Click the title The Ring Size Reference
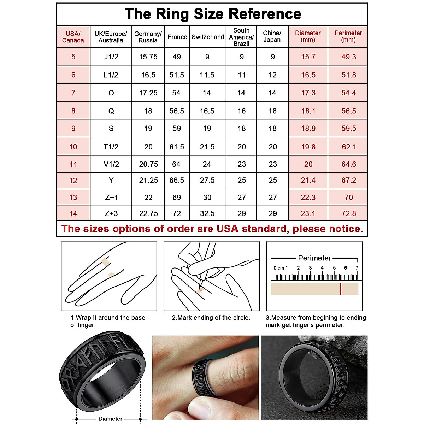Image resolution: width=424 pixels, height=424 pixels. (213, 14)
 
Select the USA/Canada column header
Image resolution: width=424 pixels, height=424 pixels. (73, 37)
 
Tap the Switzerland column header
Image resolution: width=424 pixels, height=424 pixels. (208, 37)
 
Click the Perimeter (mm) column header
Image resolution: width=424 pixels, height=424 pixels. (348, 36)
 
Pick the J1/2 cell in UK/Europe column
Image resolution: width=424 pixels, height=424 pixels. (111, 57)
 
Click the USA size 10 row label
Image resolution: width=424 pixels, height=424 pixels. (73, 147)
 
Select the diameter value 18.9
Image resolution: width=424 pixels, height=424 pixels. (308, 129)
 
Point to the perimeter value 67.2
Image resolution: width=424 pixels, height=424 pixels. (348, 181)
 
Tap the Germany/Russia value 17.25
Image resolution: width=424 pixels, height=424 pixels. (148, 93)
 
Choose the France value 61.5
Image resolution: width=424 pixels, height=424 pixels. (177, 147)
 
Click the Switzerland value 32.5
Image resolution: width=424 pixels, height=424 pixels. (207, 213)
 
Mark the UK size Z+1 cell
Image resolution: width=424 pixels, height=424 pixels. (111, 198)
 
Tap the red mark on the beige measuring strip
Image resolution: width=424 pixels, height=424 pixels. (341, 289)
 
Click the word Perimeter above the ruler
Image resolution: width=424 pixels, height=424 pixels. (314, 258)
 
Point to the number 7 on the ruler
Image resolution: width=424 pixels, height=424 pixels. (357, 268)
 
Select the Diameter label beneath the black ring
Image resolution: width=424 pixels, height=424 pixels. (110, 419)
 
